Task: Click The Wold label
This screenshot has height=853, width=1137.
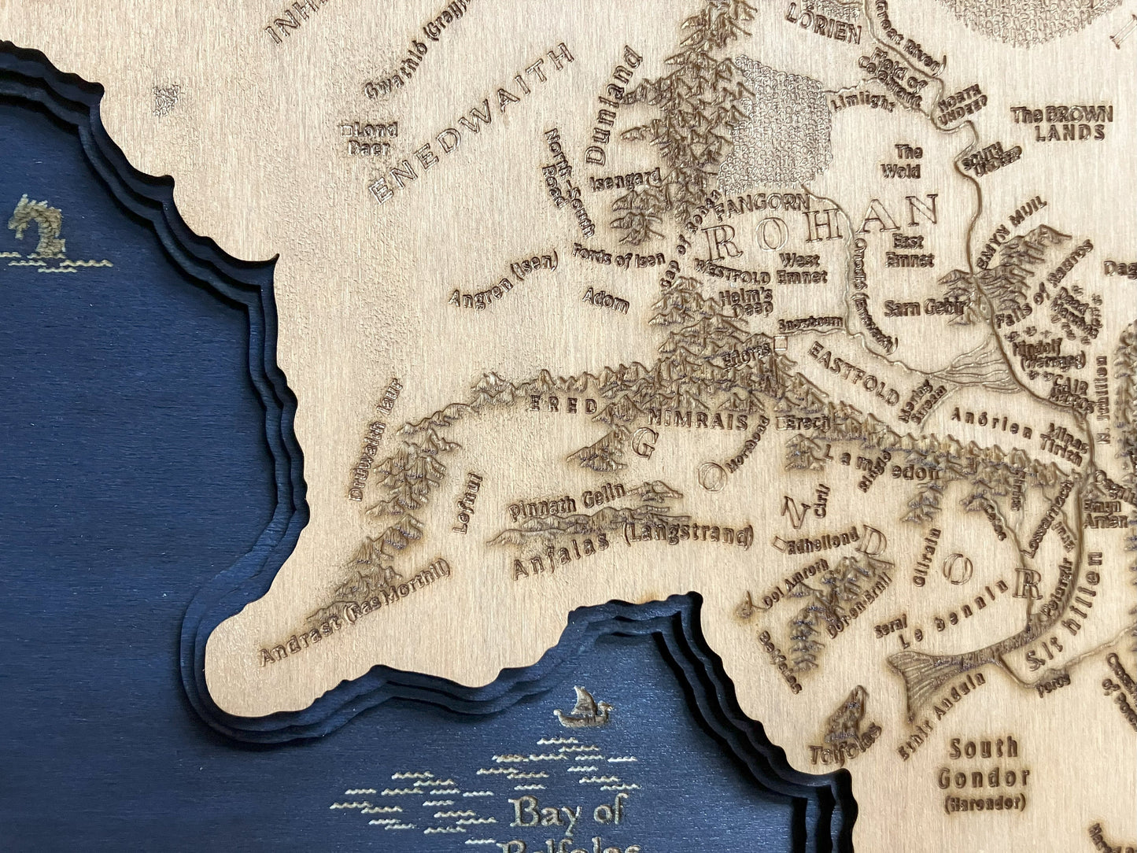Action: point(902,161)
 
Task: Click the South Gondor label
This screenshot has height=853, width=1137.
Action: point(984,763)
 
